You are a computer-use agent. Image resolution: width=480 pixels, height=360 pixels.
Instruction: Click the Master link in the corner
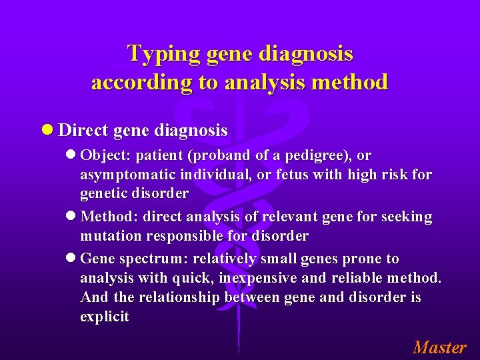click(439, 347)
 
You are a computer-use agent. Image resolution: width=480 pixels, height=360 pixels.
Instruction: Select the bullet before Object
click(72, 155)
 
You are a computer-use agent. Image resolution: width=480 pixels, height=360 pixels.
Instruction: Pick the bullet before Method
click(72, 217)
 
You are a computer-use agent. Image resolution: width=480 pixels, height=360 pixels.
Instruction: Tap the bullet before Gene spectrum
click(72, 259)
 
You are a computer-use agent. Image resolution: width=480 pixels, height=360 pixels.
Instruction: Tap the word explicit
click(105, 317)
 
